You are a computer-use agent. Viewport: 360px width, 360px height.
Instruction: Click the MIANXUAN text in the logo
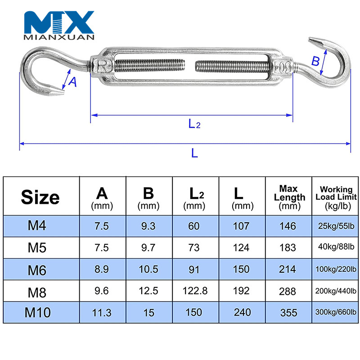click(59, 37)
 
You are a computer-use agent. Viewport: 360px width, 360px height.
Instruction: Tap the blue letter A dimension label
click(73, 82)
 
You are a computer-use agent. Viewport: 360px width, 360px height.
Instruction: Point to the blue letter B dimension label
click(315, 61)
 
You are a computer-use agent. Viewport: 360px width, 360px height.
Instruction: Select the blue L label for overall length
click(194, 153)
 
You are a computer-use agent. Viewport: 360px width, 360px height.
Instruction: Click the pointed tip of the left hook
click(64, 93)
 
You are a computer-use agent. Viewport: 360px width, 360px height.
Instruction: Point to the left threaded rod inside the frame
click(150, 66)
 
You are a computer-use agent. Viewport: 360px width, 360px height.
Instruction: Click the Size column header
click(40, 197)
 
